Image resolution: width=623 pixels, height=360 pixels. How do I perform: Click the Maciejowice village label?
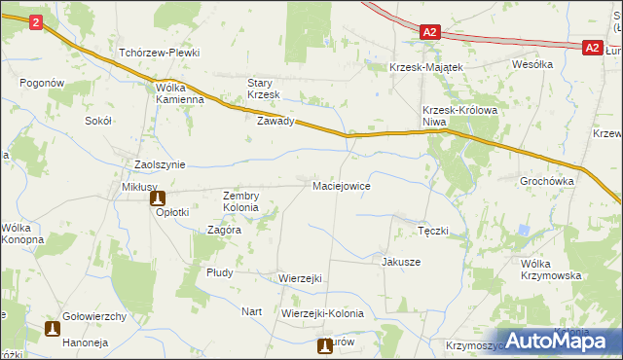[x=341, y=185]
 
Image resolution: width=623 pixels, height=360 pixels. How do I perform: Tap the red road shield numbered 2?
[x=36, y=22]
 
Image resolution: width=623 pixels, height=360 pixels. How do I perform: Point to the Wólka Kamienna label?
[x=179, y=92]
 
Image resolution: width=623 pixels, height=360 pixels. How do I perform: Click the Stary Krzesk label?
[x=263, y=89]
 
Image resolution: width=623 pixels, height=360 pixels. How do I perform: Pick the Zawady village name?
[x=275, y=122]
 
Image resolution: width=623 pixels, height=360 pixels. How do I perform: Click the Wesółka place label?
[x=532, y=64]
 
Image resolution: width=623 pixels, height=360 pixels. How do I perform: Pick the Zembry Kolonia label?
[x=240, y=201]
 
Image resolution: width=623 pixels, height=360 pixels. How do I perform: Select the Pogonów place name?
[x=41, y=84]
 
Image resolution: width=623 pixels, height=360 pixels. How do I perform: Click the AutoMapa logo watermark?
[x=559, y=341]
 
